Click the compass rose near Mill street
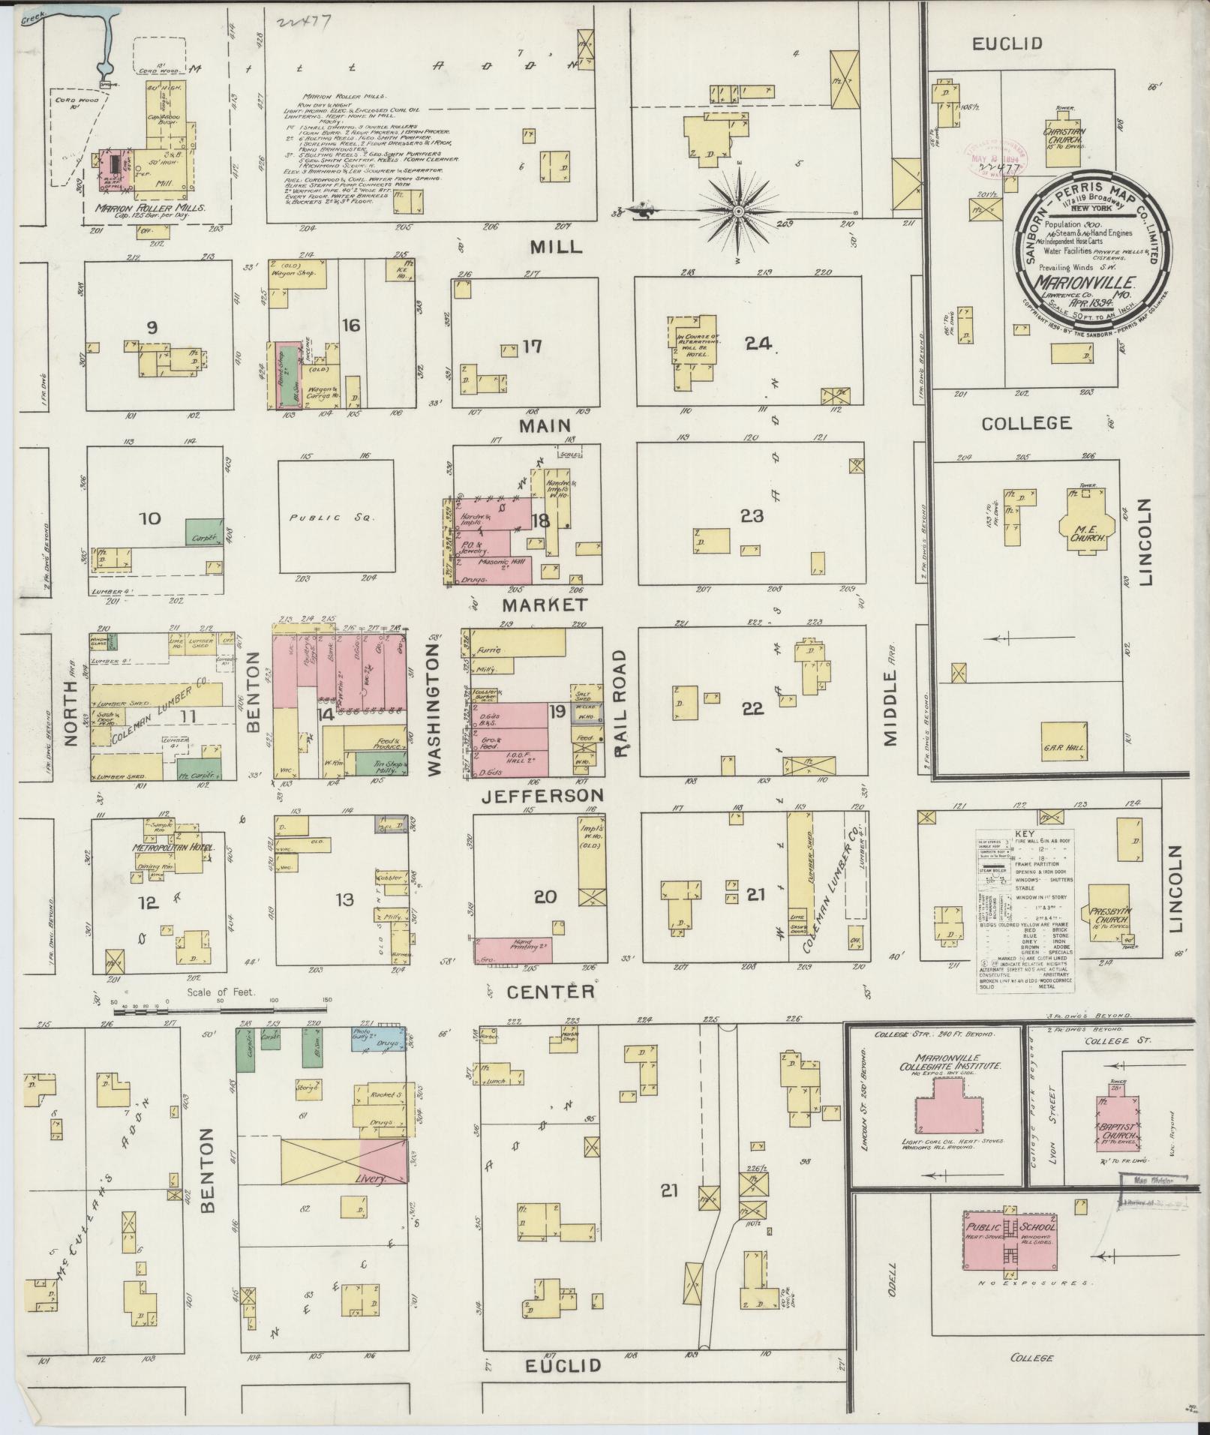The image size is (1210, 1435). point(738,212)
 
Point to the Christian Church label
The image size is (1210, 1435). point(1065,136)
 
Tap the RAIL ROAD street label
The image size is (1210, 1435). point(620,702)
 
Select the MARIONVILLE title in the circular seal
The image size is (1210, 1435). point(1085,281)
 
